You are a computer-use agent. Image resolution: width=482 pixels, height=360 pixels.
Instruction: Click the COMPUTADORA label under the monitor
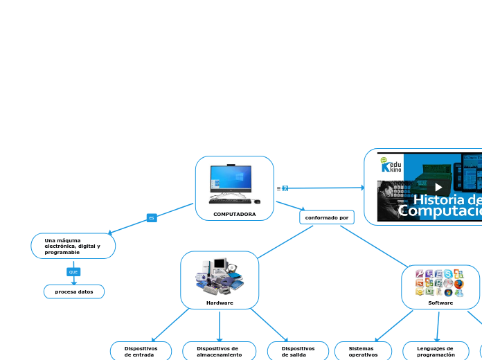tap(234, 214)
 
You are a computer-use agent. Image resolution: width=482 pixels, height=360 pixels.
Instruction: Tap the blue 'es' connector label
tap(152, 218)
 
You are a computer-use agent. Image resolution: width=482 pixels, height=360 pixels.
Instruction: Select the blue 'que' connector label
tap(73, 272)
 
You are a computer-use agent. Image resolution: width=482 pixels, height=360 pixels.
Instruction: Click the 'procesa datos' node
tap(74, 291)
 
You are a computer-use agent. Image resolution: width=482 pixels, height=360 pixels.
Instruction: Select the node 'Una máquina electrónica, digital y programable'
tap(73, 246)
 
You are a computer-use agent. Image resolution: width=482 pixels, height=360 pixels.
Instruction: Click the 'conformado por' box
tap(327, 217)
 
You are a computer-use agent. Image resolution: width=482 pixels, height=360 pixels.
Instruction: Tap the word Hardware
tap(220, 303)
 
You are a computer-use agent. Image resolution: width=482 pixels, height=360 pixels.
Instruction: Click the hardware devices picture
tap(220, 276)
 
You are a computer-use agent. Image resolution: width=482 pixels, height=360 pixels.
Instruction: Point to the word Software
tap(440, 303)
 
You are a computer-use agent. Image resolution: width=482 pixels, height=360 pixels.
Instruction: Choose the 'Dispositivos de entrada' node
tap(141, 351)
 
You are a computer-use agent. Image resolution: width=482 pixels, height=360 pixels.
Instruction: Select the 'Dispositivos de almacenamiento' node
tap(219, 351)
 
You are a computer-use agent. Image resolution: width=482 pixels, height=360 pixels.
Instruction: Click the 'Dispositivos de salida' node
tap(298, 351)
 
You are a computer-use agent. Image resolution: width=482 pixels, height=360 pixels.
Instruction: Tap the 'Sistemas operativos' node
tap(363, 351)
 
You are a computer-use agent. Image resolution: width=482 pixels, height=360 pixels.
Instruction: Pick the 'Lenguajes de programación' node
tap(436, 351)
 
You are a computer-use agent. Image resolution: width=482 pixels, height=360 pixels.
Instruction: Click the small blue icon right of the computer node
tap(285, 188)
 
